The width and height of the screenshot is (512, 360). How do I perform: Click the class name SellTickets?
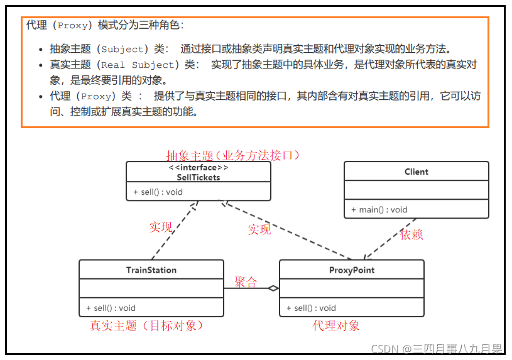198,177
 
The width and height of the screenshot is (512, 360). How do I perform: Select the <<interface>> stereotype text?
198,168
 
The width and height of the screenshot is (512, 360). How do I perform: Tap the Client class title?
416,172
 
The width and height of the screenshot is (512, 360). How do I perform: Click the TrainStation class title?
151,270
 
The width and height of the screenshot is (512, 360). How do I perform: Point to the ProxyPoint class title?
351,270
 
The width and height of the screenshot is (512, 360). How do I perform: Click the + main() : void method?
379,210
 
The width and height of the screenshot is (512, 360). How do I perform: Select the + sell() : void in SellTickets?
157,192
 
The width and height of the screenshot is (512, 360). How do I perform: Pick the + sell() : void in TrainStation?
111,308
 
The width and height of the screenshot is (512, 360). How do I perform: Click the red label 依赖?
411,234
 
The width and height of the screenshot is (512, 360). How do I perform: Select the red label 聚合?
246,282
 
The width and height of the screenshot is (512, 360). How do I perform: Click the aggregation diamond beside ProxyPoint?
273,288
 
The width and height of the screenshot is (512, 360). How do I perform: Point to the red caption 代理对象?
336,325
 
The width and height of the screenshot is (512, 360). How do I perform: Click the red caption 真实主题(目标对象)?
146,325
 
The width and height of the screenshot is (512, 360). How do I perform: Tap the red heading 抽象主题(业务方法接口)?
233,155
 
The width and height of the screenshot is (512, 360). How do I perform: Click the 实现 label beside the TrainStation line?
161,227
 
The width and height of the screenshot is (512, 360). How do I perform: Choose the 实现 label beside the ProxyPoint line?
259,229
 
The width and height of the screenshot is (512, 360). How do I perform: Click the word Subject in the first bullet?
123,49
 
